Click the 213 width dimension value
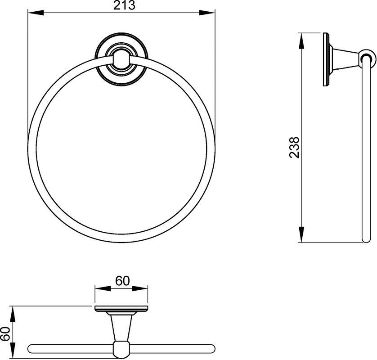124,5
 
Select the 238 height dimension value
294,148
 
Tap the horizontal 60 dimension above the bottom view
122,281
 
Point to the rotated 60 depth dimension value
5,334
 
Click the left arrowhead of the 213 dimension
36,13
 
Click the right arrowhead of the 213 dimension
207,13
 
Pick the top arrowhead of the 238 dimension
301,40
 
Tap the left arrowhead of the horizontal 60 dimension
103,288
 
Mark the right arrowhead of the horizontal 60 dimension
140,288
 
